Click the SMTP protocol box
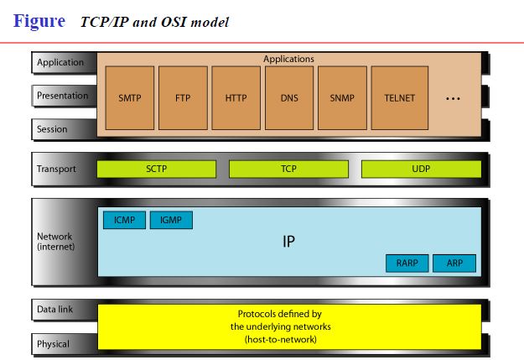click(x=130, y=98)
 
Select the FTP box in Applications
click(x=183, y=98)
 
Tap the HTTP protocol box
click(x=236, y=98)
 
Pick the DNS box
click(x=289, y=98)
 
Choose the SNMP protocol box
click(x=343, y=98)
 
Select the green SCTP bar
click(x=157, y=170)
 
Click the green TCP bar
click(x=288, y=170)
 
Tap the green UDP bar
click(x=421, y=170)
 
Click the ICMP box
click(x=124, y=221)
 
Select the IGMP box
click(x=171, y=221)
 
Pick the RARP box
click(x=407, y=263)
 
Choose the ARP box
click(x=454, y=263)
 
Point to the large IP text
click(x=288, y=242)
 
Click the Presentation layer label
click(x=62, y=96)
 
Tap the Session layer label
click(x=52, y=129)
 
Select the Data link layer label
click(x=54, y=310)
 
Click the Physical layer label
click(x=53, y=343)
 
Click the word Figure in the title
click(x=39, y=21)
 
